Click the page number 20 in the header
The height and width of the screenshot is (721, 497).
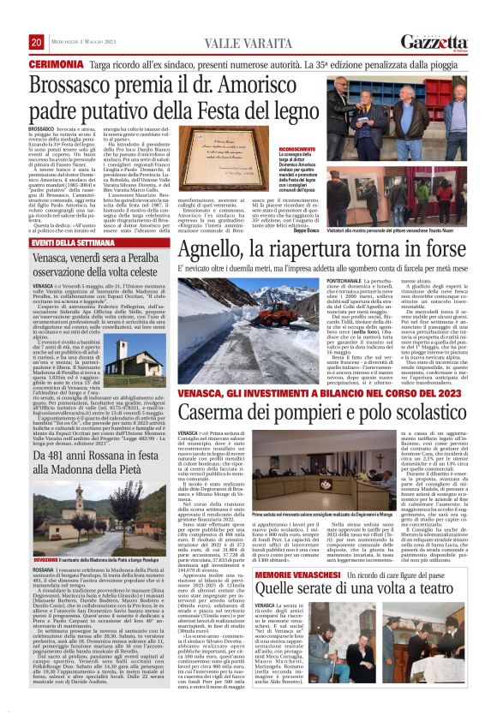click(x=36, y=43)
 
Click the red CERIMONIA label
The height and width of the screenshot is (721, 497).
click(x=57, y=64)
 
